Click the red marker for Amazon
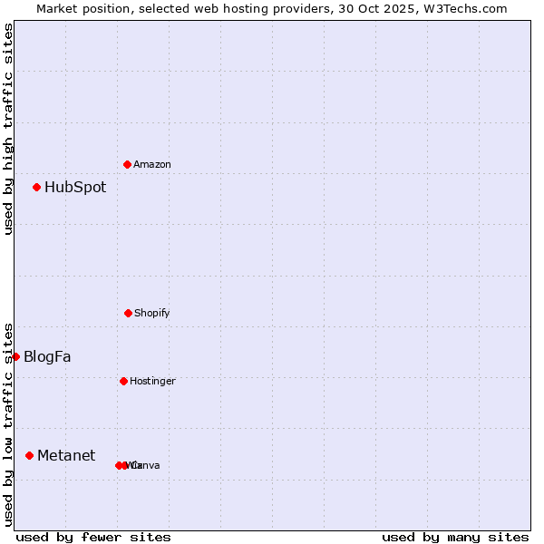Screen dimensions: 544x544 point(127,164)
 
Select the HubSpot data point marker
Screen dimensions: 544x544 point(36,188)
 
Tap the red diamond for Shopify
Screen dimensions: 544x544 point(128,313)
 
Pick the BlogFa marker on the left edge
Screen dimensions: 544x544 point(15,356)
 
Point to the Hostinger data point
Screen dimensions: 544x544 point(123,381)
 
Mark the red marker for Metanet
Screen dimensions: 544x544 point(29,455)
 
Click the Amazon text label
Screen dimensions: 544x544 point(152,164)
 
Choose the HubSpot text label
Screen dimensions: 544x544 point(75,188)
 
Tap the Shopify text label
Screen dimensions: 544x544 point(152,313)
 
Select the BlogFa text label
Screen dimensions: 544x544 point(47,357)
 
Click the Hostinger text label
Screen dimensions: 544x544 point(152,381)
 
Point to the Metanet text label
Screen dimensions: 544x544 point(66,455)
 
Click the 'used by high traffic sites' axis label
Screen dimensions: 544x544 point(8,130)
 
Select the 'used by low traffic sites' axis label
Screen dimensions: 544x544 point(8,424)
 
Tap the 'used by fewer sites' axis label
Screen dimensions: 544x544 point(93,537)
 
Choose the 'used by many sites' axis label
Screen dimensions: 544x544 point(455,537)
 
